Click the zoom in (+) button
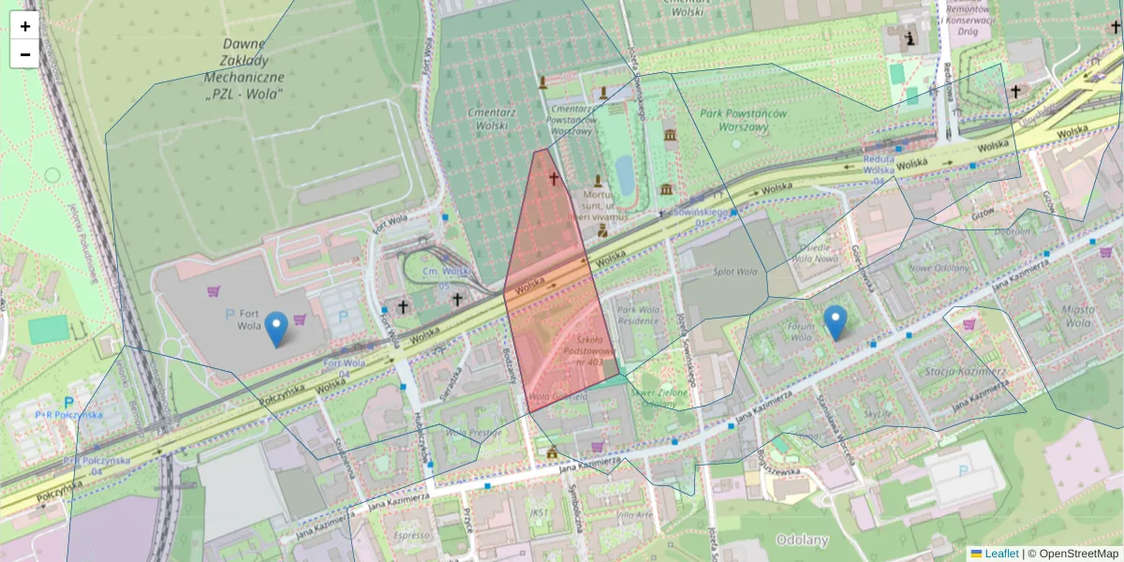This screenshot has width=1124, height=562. click(25, 26)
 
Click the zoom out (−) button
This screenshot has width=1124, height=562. click(25, 54)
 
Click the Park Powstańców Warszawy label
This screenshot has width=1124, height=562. click(744, 120)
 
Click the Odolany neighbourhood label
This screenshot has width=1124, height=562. click(802, 540)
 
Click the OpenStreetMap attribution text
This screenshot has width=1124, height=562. click(1078, 554)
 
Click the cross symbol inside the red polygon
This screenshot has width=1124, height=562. click(554, 178)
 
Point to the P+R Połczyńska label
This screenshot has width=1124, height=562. click(68, 414)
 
